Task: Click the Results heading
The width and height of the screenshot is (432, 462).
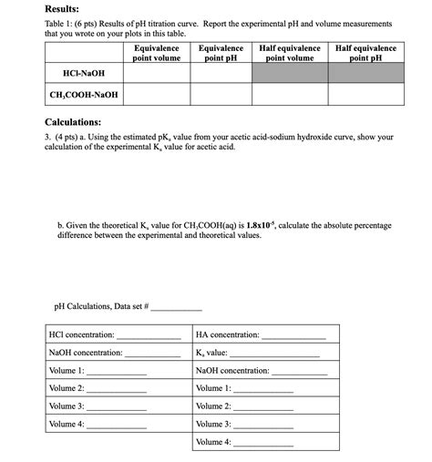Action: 66,7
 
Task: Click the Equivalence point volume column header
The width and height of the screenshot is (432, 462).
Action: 157,53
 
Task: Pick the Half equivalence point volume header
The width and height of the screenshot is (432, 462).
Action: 290,53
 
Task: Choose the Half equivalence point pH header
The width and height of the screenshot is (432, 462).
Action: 365,53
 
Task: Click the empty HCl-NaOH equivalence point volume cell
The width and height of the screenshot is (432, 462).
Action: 157,73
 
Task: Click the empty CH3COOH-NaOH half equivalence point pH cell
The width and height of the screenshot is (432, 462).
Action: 365,95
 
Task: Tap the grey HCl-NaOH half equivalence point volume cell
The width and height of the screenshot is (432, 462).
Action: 290,73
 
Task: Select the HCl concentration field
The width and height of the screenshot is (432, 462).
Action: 151,335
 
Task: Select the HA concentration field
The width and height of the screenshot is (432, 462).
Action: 292,335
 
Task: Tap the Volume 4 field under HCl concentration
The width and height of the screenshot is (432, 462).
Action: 116,425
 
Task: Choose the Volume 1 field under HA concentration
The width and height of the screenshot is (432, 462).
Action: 263,389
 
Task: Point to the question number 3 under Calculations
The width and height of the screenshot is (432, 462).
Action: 47,137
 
